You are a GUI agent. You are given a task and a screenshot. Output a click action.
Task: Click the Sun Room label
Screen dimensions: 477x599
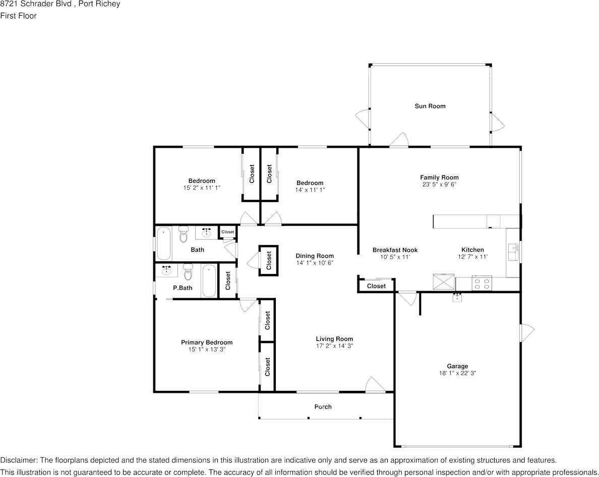[x=430, y=106]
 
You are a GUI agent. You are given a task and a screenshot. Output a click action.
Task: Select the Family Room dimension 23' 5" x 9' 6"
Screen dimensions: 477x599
[x=439, y=184]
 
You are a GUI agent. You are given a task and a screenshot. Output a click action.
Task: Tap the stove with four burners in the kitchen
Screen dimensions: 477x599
[x=481, y=284]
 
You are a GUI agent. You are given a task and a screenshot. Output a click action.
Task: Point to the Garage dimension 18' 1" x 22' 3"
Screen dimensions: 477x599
[x=457, y=373]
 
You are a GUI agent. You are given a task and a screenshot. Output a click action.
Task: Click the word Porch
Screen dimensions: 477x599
[x=323, y=406]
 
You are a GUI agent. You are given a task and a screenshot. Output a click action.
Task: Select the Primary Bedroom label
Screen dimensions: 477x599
[x=207, y=343]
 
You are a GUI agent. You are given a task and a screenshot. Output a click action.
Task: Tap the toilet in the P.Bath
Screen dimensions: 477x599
[x=189, y=272]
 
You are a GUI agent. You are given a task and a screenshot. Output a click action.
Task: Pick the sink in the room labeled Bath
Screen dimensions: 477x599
[x=207, y=233]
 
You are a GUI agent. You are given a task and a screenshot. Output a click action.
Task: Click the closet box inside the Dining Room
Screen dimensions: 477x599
[x=269, y=260]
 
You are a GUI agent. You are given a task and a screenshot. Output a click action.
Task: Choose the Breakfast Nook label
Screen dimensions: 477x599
[x=395, y=250]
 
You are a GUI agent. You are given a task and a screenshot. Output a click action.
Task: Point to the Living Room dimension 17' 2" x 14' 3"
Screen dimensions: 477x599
[x=334, y=346]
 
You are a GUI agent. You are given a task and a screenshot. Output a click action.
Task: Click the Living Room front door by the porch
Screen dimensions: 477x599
[x=375, y=385]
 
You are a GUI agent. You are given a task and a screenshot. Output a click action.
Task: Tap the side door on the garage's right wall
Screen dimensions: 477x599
[x=526, y=332]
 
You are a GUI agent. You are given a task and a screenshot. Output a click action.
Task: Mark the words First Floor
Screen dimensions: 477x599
[x=18, y=16]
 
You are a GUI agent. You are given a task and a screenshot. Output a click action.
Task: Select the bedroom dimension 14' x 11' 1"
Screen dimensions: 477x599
[x=310, y=190]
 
